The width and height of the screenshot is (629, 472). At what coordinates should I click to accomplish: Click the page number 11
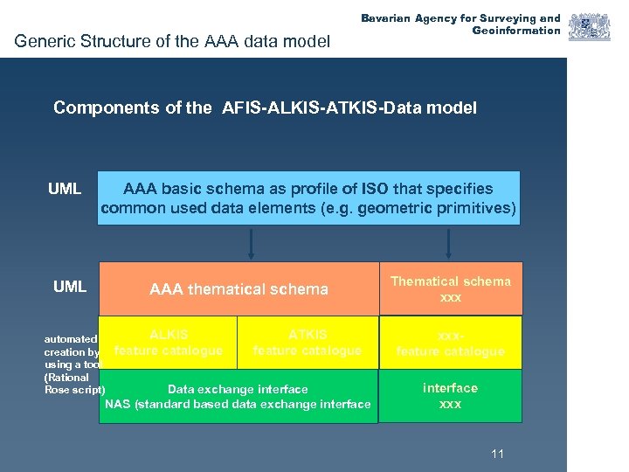click(x=498, y=454)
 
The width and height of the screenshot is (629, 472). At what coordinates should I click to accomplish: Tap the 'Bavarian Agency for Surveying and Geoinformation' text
click(x=461, y=24)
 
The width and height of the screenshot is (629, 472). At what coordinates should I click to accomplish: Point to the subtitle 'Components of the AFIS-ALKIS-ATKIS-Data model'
click(x=265, y=108)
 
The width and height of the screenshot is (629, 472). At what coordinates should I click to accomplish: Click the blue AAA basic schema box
click(x=308, y=198)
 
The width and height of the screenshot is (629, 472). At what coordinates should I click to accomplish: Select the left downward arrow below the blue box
click(x=251, y=244)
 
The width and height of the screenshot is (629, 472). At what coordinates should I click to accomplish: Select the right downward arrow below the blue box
click(x=449, y=244)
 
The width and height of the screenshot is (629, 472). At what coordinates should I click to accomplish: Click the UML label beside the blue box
click(x=65, y=189)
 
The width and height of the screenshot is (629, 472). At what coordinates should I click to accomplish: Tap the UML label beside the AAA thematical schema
click(x=70, y=286)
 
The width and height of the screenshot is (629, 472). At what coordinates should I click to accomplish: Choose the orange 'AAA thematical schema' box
click(x=238, y=288)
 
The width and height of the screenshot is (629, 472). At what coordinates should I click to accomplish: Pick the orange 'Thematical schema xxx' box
click(x=450, y=288)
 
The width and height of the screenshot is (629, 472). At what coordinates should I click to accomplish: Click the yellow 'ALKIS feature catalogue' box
click(x=168, y=342)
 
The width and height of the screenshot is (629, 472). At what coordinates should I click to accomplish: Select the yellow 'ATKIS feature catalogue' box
click(x=307, y=342)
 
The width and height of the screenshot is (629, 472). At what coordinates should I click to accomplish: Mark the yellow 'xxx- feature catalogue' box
click(x=450, y=342)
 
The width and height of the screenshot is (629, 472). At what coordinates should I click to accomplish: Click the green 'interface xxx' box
click(x=450, y=396)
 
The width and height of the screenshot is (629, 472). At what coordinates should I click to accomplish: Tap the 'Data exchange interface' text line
click(x=238, y=389)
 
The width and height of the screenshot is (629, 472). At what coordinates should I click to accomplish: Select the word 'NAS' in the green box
click(x=118, y=404)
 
